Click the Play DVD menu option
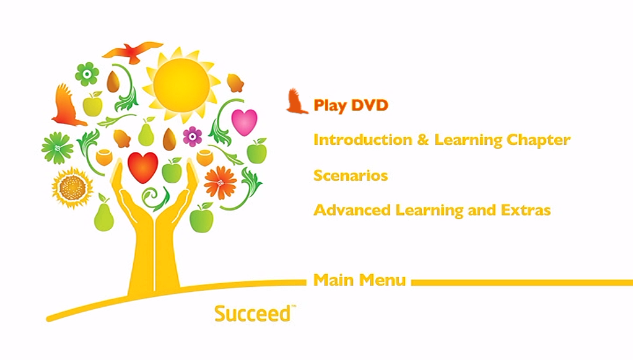[351, 105]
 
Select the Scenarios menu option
[351, 175]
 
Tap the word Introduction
[363, 140]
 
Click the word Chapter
[538, 140]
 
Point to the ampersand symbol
[423, 140]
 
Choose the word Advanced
[352, 210]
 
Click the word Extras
[526, 210]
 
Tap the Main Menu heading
[359, 280]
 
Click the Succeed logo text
[254, 314]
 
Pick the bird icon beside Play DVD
[296, 102]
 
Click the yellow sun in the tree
[181, 85]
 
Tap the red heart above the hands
[142, 167]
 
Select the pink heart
[244, 122]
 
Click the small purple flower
[193, 136]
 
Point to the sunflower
[72, 188]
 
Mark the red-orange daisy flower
[220, 183]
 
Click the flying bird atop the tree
[133, 52]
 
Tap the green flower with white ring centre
[87, 74]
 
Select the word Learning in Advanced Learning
[429, 211]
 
